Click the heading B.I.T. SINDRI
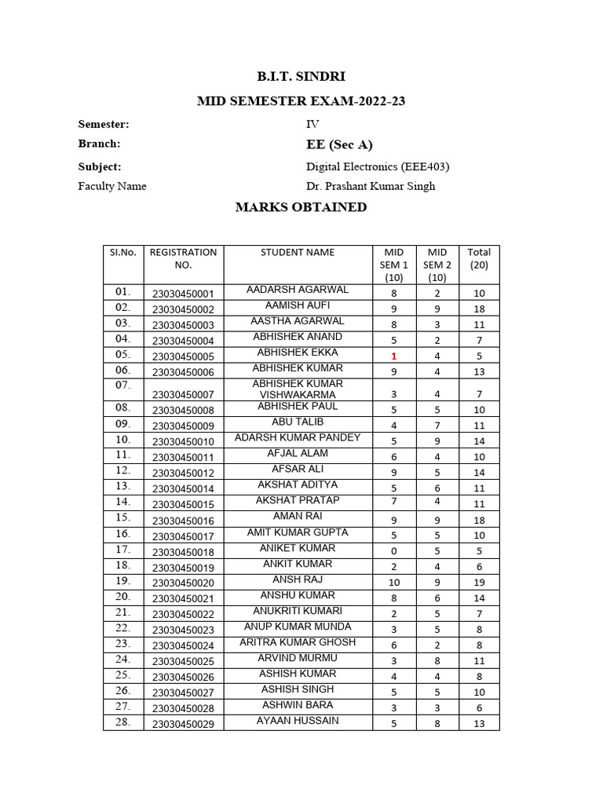[301, 77]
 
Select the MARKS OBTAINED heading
[301, 207]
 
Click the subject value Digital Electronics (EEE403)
[377, 166]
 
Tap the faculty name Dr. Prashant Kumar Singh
[371, 186]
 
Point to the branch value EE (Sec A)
[339, 144]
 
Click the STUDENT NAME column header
[298, 253]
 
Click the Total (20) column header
[479, 258]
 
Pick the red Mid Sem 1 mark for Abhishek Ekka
[394, 356]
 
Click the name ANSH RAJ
[298, 579]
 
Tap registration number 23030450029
[183, 724]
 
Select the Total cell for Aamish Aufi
[479, 309]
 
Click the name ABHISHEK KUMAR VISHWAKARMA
[298, 389]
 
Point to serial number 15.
[123, 518]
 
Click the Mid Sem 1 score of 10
[394, 583]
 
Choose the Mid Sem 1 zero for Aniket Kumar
[394, 551]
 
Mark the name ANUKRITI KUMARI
[298, 611]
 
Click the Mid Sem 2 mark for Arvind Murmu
[437, 661]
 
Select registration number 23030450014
[183, 488]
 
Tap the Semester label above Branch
[104, 124]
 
